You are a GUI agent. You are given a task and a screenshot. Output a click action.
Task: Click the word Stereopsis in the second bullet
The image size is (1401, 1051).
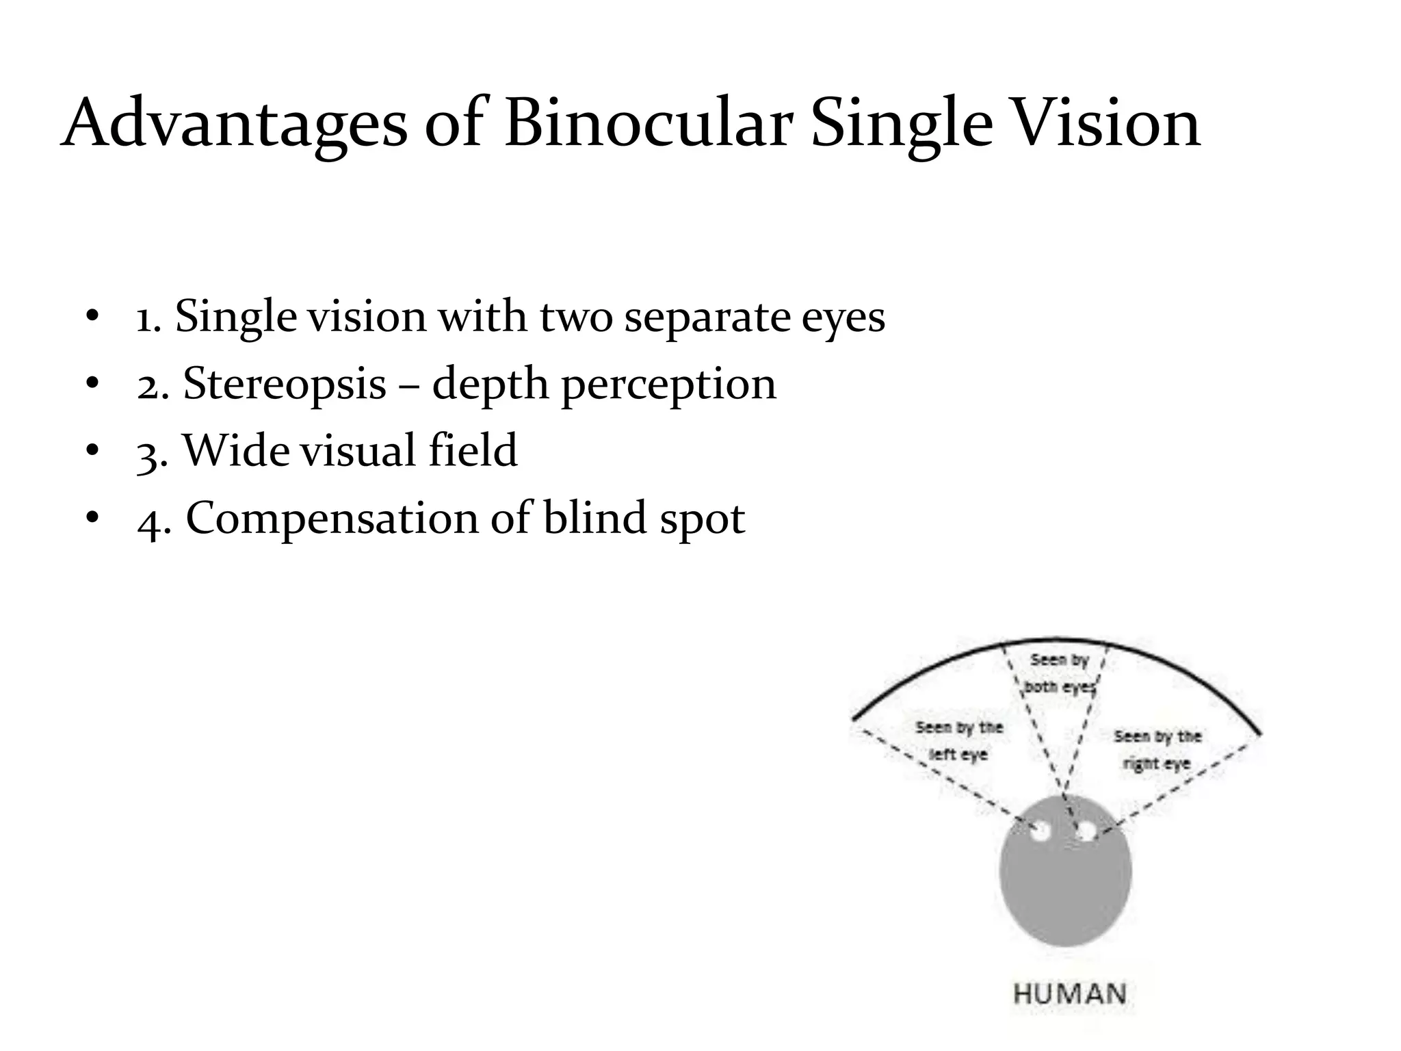point(285,384)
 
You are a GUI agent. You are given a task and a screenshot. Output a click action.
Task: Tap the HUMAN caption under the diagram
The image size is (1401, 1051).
point(1069,994)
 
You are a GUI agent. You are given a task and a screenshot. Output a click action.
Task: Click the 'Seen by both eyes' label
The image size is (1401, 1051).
point(1059,673)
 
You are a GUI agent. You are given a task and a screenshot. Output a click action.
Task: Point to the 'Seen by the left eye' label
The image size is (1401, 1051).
point(959,741)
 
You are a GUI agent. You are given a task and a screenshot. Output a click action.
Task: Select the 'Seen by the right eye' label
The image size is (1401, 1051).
point(1157,749)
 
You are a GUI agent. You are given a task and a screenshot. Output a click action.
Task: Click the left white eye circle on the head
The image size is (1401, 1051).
point(1040,831)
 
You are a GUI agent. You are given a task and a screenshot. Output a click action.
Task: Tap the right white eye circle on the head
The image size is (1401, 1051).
point(1086,831)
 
